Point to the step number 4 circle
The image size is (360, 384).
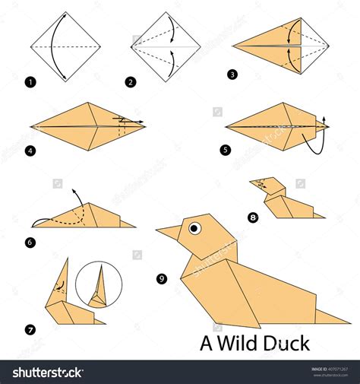click(30, 151)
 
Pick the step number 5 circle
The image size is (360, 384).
click(226, 150)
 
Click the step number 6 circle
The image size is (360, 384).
click(30, 242)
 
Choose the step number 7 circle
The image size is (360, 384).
click(30, 329)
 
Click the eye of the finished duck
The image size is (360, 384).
click(195, 227)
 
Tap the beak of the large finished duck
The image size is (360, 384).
click(169, 231)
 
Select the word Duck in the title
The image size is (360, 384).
click(288, 344)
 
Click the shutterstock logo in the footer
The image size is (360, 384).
click(47, 372)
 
